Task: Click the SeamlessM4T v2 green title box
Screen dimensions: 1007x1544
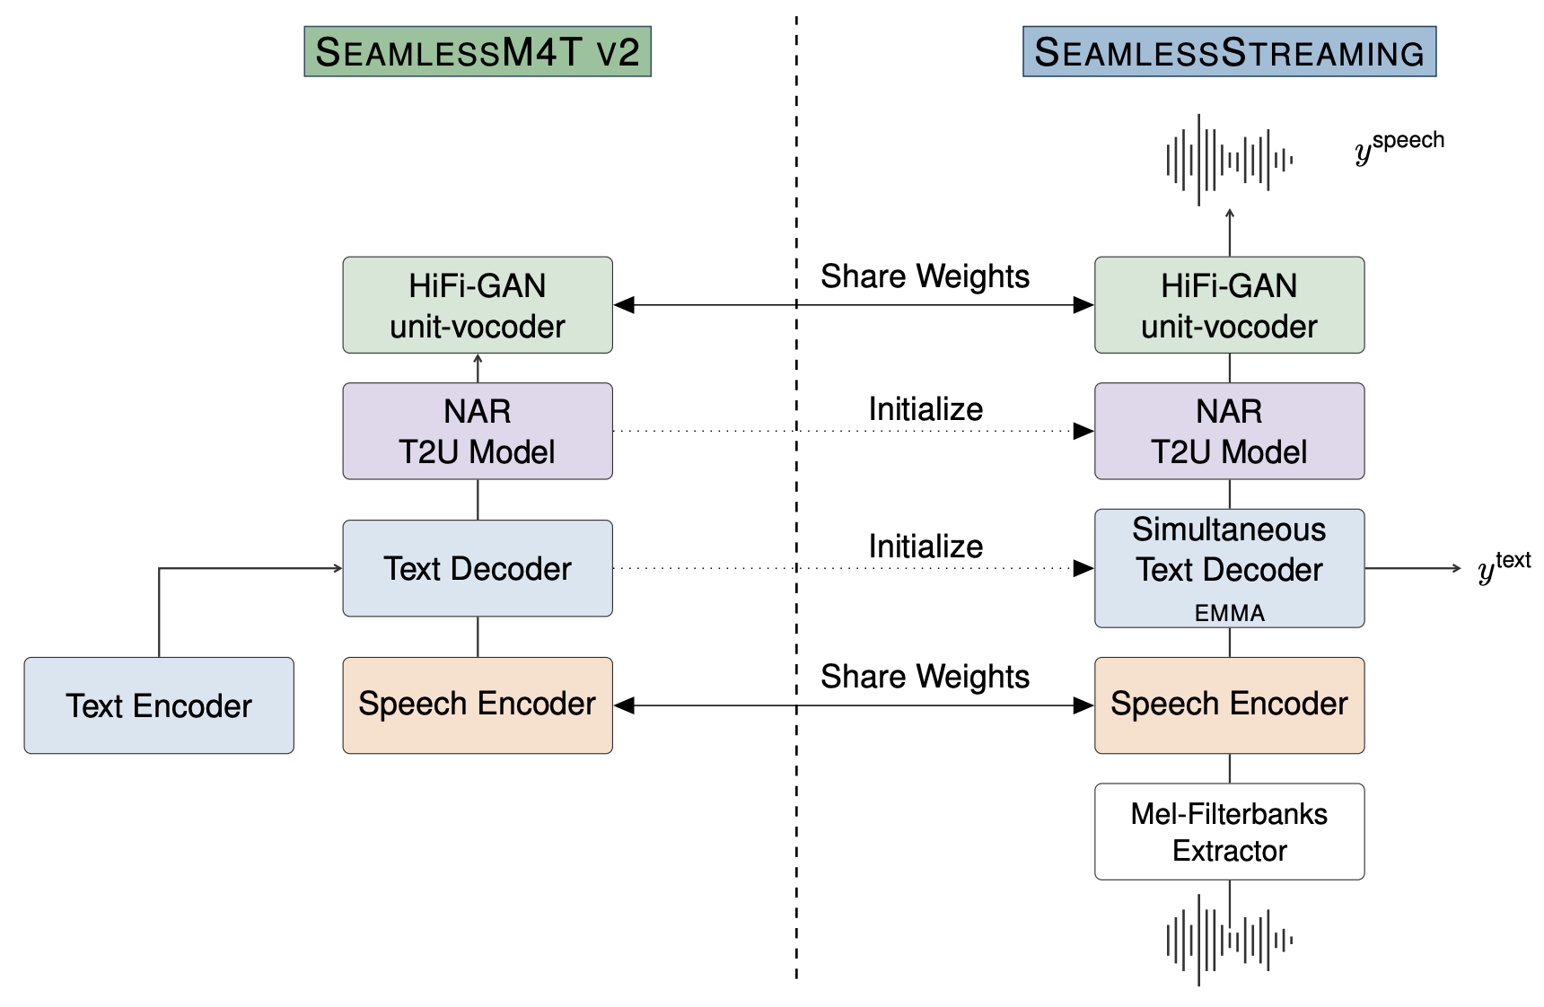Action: (477, 52)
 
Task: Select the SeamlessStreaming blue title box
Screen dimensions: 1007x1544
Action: (1229, 52)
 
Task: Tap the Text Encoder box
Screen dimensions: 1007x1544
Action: (159, 705)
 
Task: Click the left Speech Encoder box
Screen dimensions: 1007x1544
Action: (477, 705)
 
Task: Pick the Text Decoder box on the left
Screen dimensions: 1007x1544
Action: (477, 568)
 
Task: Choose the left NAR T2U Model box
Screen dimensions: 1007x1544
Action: (477, 431)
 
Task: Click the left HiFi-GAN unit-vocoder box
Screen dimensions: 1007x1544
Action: (477, 305)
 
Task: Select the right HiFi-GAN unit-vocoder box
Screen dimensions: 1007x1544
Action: (1229, 305)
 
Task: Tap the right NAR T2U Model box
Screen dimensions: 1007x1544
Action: (1229, 431)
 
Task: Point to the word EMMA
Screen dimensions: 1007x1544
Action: (1229, 613)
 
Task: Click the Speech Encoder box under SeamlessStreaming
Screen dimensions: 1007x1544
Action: (1229, 705)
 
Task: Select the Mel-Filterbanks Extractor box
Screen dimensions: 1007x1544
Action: (1229, 832)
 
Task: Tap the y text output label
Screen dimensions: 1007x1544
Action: (1504, 567)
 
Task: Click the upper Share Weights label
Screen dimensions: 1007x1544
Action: (925, 276)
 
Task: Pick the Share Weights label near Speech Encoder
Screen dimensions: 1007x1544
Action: (925, 677)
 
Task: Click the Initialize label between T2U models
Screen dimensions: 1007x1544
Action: (926, 409)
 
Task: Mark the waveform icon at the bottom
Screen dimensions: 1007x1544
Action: (1229, 940)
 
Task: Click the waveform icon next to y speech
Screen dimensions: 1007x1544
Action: (1229, 160)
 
